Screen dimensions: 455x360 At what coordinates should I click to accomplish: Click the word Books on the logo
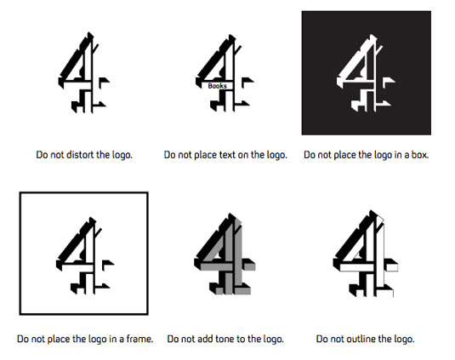tap(218, 86)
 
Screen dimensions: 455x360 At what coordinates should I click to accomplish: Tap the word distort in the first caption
tap(81, 154)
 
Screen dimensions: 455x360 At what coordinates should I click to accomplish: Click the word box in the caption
tap(419, 155)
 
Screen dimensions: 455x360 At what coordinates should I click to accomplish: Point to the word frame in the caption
tap(139, 339)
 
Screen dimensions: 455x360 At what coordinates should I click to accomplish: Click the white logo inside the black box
tap(366, 73)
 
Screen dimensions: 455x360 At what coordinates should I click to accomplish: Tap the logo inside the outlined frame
tap(85, 255)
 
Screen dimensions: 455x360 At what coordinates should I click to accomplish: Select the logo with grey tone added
tap(225, 254)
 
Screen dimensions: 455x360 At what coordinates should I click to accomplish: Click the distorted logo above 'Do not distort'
tap(84, 72)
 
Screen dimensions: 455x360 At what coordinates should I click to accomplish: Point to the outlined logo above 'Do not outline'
tap(366, 254)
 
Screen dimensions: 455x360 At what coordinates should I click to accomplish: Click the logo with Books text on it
tap(225, 73)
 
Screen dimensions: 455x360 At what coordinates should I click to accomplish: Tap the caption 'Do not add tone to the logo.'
tap(225, 339)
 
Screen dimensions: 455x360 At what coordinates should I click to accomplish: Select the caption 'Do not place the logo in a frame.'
tap(85, 339)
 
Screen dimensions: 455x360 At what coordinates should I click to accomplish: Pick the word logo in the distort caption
tap(121, 155)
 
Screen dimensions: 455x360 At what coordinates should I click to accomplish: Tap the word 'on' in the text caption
tap(243, 155)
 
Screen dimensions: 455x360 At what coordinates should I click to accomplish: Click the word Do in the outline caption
tap(321, 339)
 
